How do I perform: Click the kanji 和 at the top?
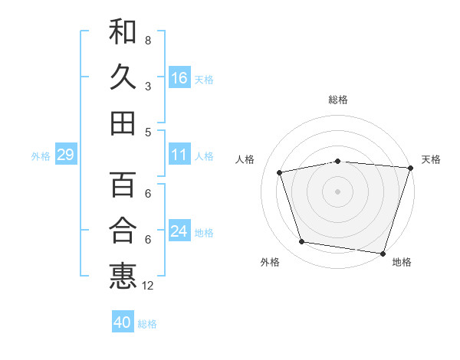point(123,33)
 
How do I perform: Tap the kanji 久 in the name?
point(123,77)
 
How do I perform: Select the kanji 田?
point(123,123)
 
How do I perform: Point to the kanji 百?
point(123,185)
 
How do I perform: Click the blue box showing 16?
point(179,78)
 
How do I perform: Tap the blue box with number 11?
point(179,155)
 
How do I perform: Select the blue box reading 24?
point(179,231)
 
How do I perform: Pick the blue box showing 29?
point(65,155)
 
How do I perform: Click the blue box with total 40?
point(123,322)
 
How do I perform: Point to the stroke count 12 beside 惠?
point(148,286)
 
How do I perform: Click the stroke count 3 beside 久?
point(148,86)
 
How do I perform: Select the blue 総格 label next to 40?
point(147,324)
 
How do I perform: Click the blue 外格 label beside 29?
point(41,156)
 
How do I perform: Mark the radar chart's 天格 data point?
point(410,168)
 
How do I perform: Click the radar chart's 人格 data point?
point(280,172)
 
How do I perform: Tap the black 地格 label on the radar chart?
point(402,263)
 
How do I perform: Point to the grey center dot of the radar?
point(337,191)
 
